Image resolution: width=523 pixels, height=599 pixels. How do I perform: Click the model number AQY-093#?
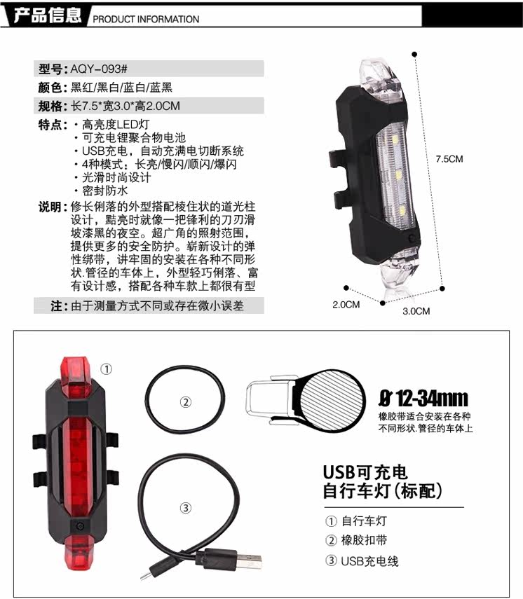click(x=97, y=69)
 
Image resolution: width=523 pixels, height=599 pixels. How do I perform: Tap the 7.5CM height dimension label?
click(x=449, y=159)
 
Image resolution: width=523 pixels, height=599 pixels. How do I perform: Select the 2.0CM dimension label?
click(x=346, y=304)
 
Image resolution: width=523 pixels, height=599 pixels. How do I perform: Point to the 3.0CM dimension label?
click(x=416, y=310)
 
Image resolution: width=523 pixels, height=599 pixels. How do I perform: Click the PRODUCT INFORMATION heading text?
click(x=146, y=19)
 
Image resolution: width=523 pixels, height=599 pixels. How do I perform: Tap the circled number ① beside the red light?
click(x=107, y=369)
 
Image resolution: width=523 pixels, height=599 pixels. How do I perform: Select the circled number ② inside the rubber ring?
click(x=185, y=401)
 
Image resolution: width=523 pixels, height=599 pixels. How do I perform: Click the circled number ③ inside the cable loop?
click(x=185, y=508)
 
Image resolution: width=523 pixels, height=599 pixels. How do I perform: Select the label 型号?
click(x=52, y=69)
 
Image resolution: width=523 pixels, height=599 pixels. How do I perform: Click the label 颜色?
click(x=52, y=88)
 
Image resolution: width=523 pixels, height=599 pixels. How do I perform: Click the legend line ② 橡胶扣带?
click(x=355, y=540)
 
